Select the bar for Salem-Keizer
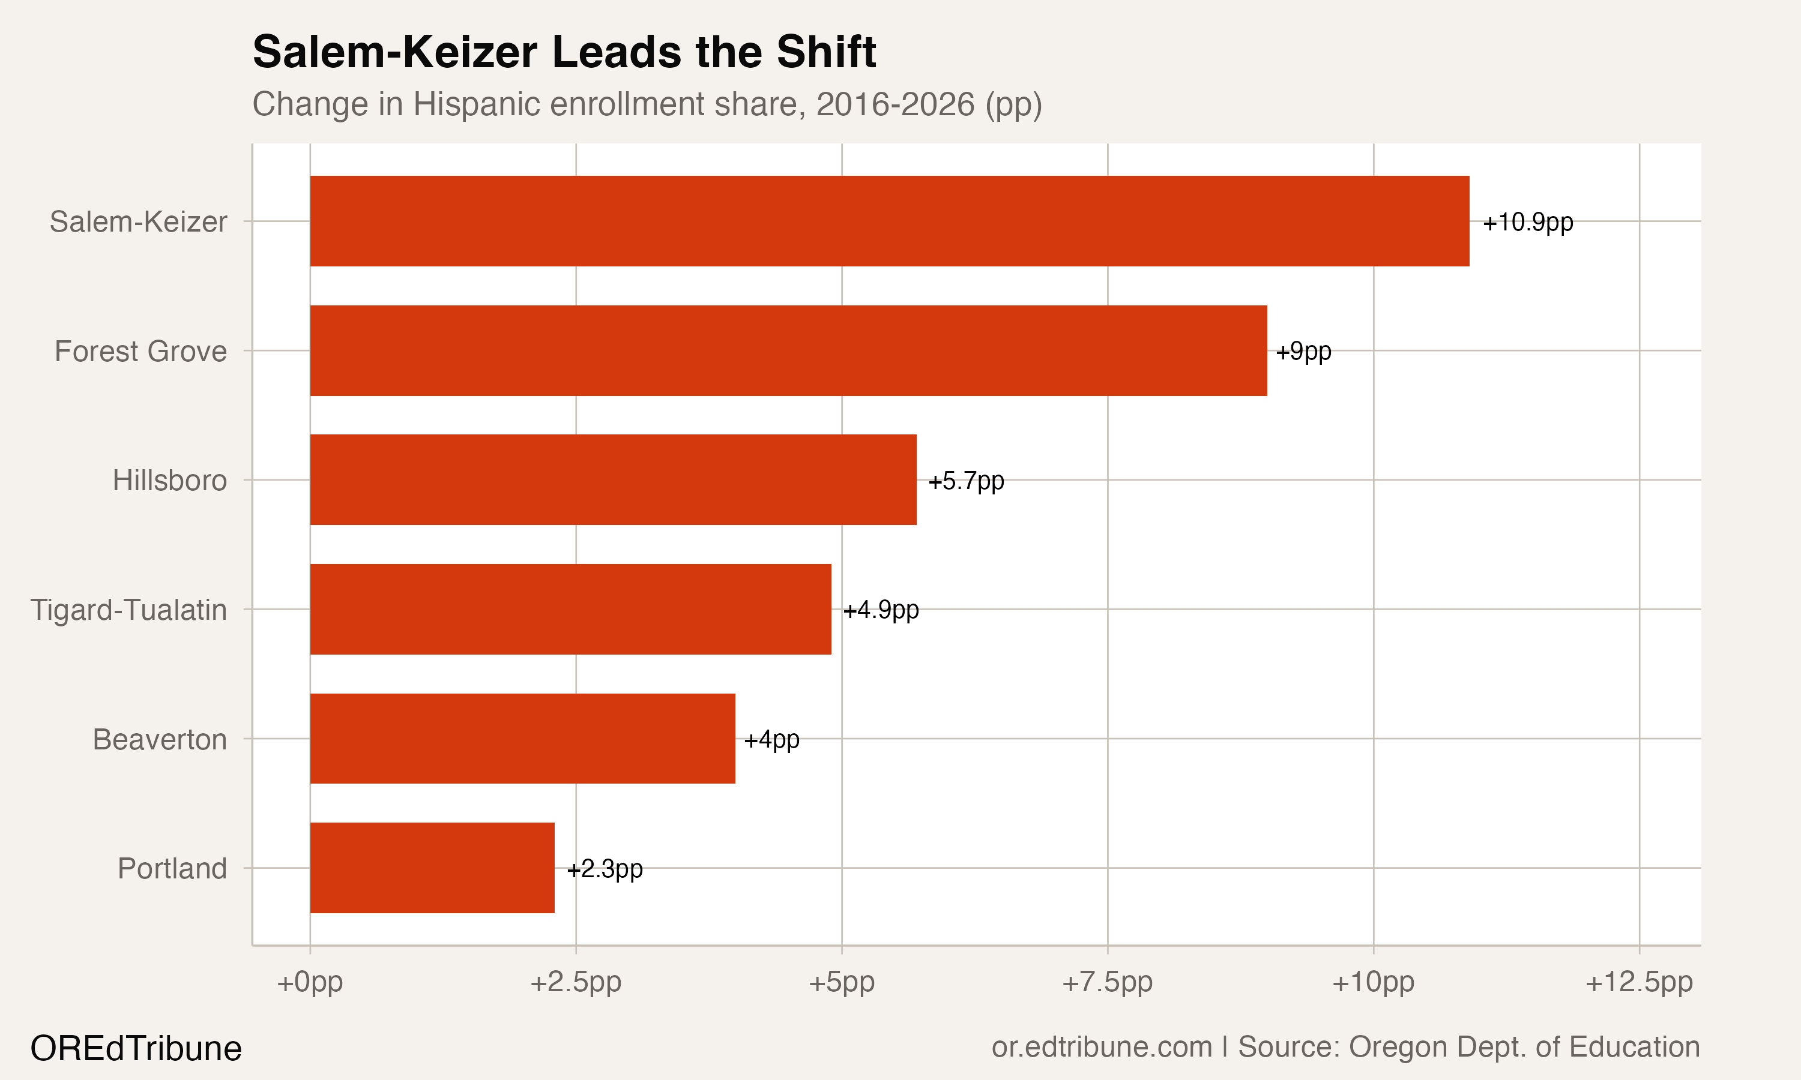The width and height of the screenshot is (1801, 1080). tap(889, 221)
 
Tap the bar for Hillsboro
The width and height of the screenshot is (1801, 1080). tap(613, 479)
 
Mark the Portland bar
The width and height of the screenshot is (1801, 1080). tap(432, 868)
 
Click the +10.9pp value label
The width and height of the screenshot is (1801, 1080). tap(1527, 222)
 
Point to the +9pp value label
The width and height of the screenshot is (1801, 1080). tap(1303, 352)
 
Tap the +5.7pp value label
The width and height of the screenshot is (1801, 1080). tap(965, 481)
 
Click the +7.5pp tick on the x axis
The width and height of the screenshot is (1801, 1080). tap(1107, 982)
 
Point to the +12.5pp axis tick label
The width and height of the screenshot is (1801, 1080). tap(1639, 982)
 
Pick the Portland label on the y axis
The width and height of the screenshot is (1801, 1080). tap(172, 869)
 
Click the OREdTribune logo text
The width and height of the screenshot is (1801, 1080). tap(136, 1049)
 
